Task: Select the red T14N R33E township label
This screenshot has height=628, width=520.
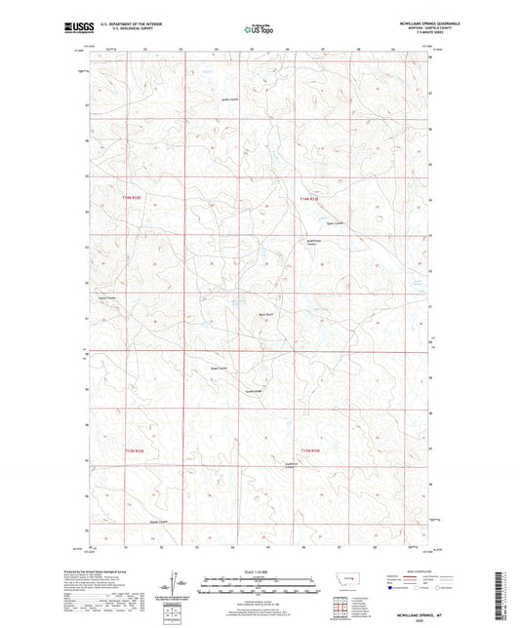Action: [309, 199]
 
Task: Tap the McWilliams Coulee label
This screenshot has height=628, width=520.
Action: [312, 244]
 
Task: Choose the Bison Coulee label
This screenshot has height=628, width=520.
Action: [219, 368]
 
